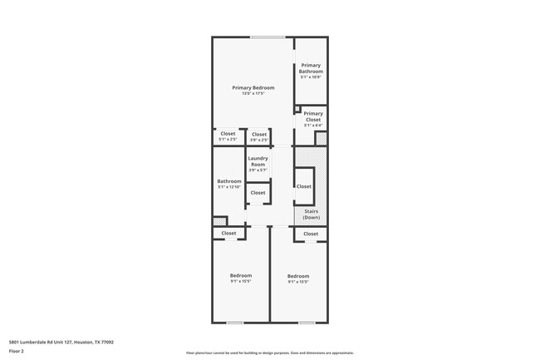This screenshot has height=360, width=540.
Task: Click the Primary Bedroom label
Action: [253, 87]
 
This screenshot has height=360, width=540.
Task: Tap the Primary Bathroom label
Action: [311, 68]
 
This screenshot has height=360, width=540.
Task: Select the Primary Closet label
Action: [312, 116]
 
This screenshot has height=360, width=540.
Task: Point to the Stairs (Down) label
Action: [311, 215]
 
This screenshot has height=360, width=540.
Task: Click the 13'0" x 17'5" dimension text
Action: [253, 93]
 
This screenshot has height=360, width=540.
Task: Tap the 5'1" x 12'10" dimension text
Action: [228, 187]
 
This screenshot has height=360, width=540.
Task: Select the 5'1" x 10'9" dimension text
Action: [311, 77]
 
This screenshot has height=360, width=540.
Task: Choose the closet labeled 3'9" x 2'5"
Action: [258, 135]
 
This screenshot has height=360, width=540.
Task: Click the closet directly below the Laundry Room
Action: [258, 193]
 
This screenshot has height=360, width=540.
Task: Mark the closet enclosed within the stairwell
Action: [304, 186]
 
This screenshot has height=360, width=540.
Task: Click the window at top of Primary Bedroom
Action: [268, 37]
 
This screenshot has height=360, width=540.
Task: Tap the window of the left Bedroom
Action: [236, 322]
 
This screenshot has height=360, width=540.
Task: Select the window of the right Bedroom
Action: [307, 322]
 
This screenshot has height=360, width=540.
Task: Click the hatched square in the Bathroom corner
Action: [219, 221]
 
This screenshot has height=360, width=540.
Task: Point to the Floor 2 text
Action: [17, 351]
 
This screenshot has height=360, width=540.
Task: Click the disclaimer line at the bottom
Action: [269, 353]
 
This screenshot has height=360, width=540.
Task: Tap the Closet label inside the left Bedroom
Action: [228, 234]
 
